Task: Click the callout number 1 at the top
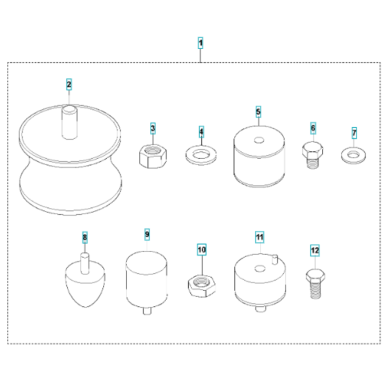[x=200, y=43]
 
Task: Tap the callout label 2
[x=69, y=84]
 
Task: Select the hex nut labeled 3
[x=153, y=156]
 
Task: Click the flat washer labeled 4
[x=201, y=155]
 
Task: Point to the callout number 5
[x=258, y=112]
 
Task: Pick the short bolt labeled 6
[x=312, y=155]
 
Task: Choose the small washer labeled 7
[x=353, y=155]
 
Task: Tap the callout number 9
[x=147, y=234]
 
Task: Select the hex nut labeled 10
[x=202, y=286]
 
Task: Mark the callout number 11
[x=259, y=237]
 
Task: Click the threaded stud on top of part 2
[x=69, y=122]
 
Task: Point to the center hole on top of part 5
[x=259, y=140]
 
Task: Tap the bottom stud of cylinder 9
[x=147, y=310]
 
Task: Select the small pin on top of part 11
[x=275, y=260]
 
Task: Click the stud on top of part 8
[x=85, y=263]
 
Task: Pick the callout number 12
[x=315, y=250]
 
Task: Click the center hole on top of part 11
[x=260, y=269]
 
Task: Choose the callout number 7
[x=354, y=133]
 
